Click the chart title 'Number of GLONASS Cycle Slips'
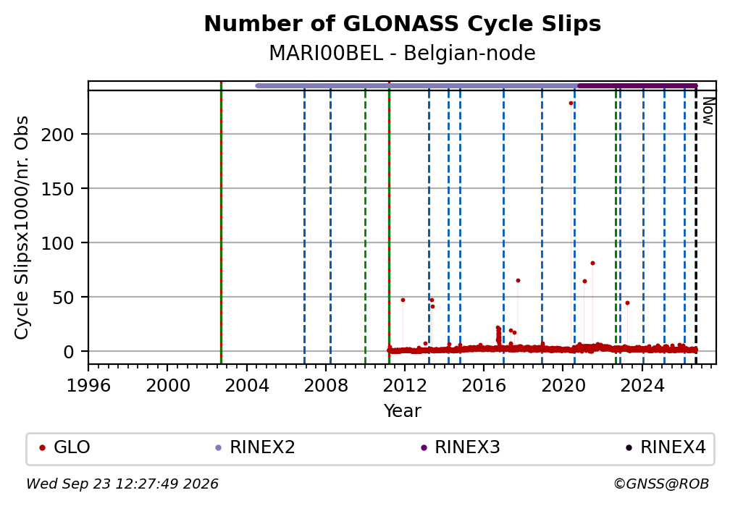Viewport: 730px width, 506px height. coord(402,24)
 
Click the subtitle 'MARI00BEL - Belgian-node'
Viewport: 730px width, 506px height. coord(402,53)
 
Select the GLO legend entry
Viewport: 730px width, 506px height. coord(64,447)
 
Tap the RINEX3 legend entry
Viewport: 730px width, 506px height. coord(460,447)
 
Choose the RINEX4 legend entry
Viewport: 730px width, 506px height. coord(666,447)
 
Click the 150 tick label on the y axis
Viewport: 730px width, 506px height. coord(58,189)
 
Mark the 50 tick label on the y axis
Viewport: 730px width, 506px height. coord(63,298)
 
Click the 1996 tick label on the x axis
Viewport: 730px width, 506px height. coord(88,385)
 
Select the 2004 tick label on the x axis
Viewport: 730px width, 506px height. coord(247,385)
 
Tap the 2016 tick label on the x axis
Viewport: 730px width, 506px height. coord(484,385)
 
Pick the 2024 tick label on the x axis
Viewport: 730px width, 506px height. coord(642,385)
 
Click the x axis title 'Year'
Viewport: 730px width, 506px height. coord(402,410)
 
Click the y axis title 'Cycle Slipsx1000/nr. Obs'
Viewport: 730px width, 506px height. coord(22,227)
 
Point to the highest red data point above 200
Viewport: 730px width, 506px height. coord(571,104)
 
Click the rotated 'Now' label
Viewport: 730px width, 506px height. coord(708,111)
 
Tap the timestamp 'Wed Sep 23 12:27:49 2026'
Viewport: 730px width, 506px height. coord(122,484)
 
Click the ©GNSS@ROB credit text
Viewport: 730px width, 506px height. coord(661,484)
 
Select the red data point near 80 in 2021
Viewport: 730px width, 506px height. coord(592,263)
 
